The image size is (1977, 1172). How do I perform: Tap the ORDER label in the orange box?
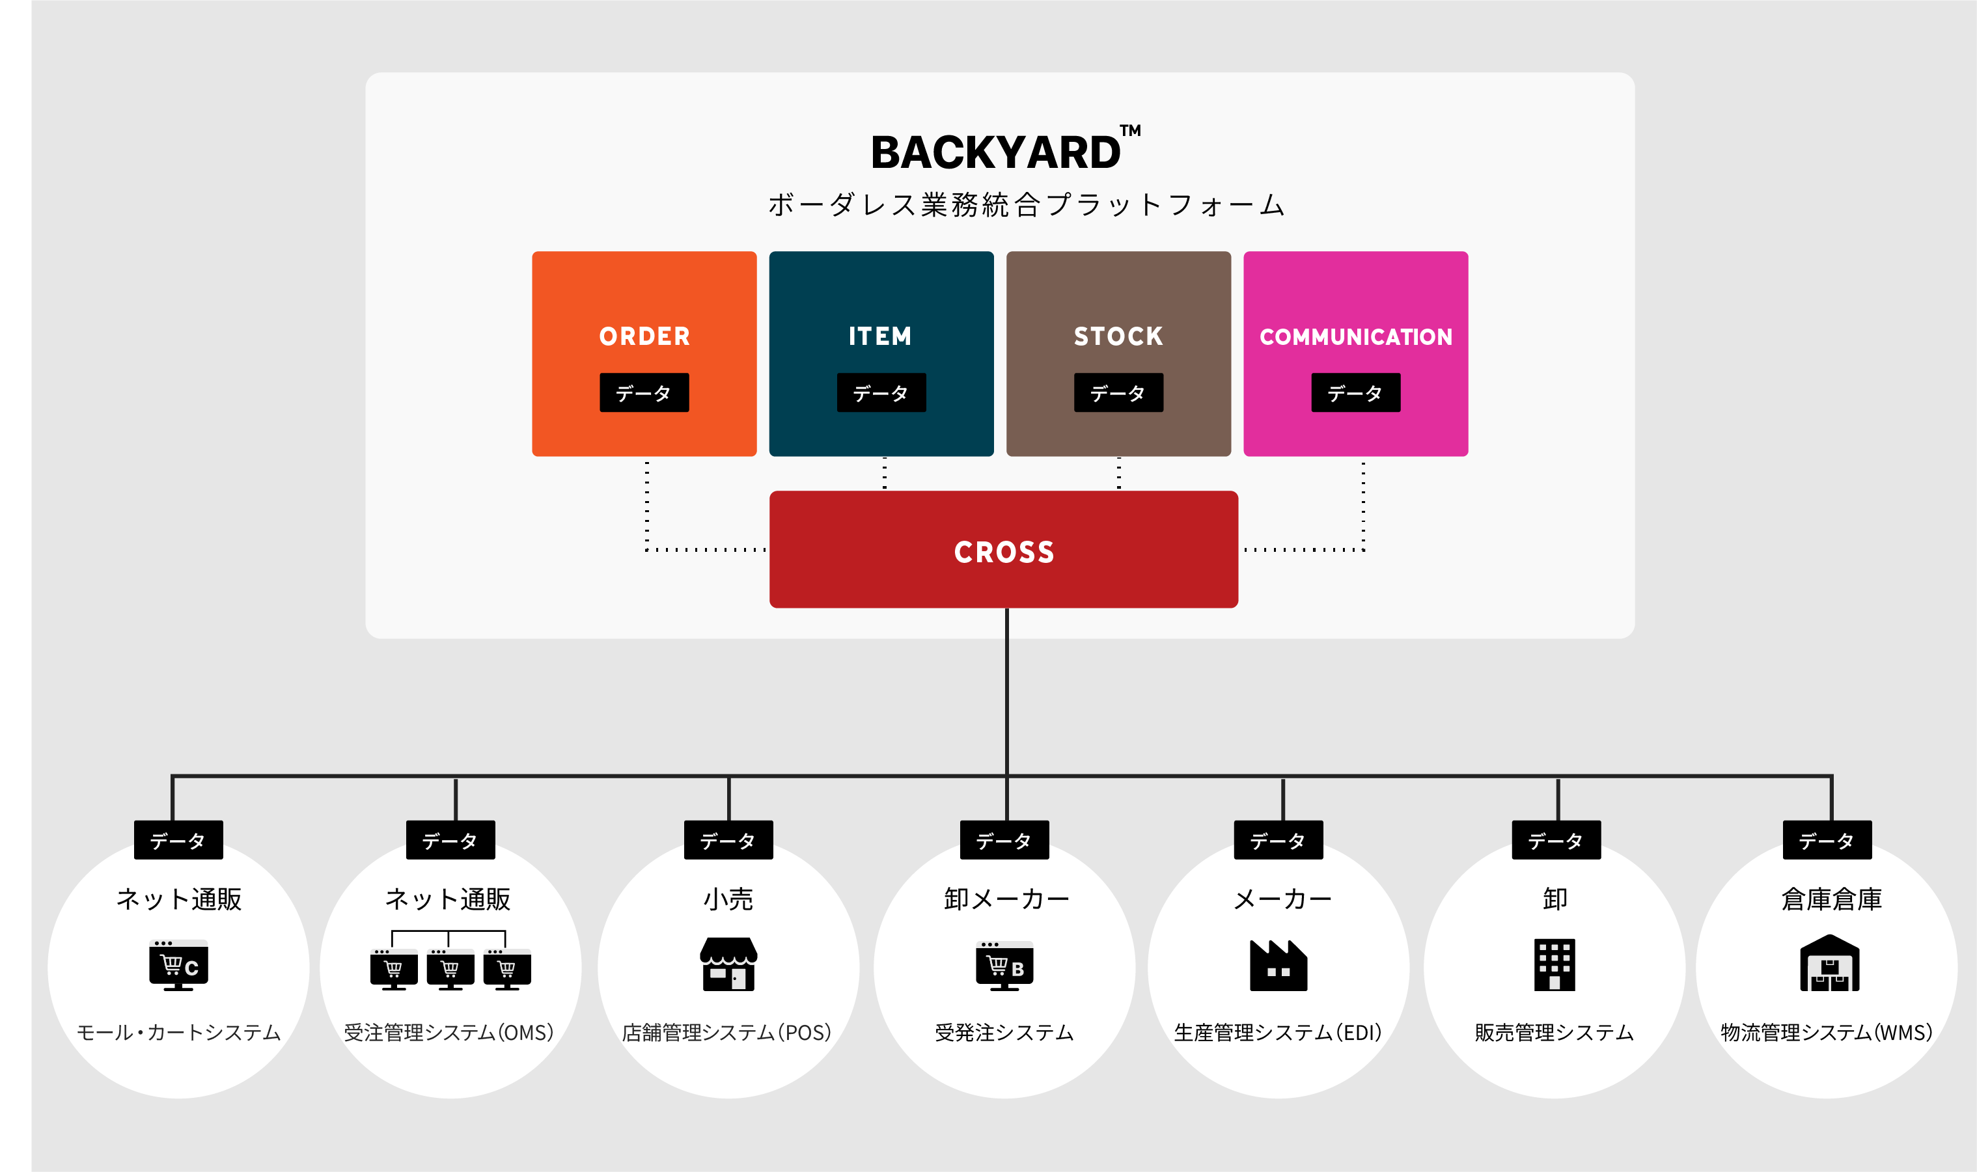[644, 336]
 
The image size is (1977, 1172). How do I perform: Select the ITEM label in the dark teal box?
[881, 336]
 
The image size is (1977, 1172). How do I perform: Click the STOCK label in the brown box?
[1118, 336]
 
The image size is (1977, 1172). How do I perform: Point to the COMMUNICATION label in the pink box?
[1355, 337]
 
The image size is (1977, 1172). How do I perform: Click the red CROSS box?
[1004, 551]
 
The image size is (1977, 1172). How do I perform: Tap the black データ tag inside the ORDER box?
[644, 392]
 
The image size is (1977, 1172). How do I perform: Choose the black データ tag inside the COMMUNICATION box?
[1355, 392]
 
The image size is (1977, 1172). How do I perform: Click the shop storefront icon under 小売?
[728, 964]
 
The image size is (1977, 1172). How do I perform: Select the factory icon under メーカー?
[1278, 965]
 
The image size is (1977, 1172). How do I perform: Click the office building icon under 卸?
[1555, 964]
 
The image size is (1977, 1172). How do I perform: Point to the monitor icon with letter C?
[178, 965]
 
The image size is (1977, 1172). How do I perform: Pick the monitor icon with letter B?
[1004, 966]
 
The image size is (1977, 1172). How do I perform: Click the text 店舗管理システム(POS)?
[726, 1032]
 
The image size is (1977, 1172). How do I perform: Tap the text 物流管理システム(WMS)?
[1827, 1032]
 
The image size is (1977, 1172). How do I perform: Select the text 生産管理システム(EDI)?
[1278, 1032]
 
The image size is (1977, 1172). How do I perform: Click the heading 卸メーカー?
[1006, 899]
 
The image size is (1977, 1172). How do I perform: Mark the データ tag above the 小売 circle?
[728, 840]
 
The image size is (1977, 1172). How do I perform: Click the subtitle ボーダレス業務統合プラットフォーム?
[1027, 204]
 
